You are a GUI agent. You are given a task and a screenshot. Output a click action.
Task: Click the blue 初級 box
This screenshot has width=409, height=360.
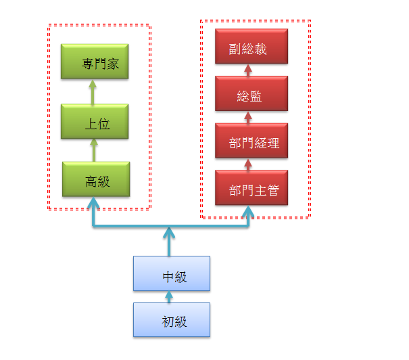tap(172, 319)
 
